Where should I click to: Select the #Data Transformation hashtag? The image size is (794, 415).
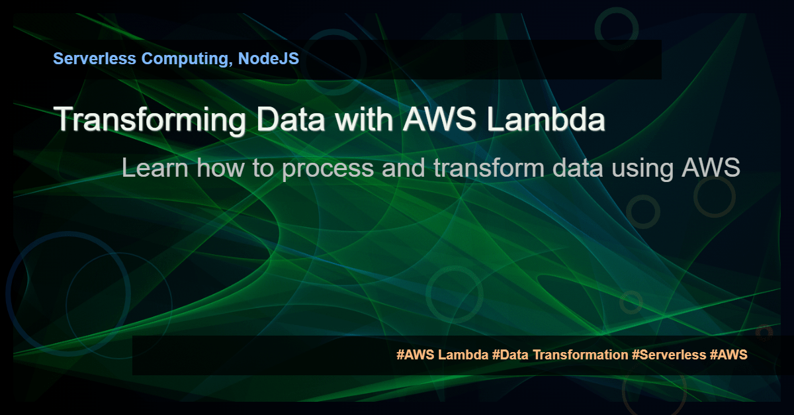point(560,355)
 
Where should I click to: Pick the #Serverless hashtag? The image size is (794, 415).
point(669,355)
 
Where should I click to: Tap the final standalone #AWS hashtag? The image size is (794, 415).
point(728,355)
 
